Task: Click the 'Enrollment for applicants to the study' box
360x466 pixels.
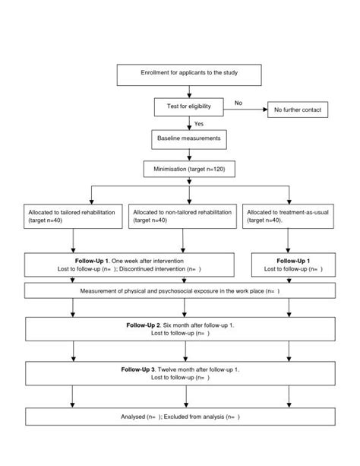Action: (189, 74)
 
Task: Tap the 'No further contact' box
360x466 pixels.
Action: (296, 110)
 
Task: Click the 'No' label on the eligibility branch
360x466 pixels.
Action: (238, 102)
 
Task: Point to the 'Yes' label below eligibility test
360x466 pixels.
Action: (199, 124)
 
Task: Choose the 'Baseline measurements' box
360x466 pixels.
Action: (189, 139)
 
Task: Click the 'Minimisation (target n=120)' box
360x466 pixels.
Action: (189, 170)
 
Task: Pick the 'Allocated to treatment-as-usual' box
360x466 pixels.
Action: (288, 217)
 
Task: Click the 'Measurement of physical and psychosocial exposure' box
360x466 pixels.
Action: (180, 291)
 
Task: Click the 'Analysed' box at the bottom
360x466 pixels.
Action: (180, 417)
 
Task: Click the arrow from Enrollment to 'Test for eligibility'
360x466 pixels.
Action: (189, 90)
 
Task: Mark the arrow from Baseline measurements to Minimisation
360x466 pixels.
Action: (189, 154)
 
